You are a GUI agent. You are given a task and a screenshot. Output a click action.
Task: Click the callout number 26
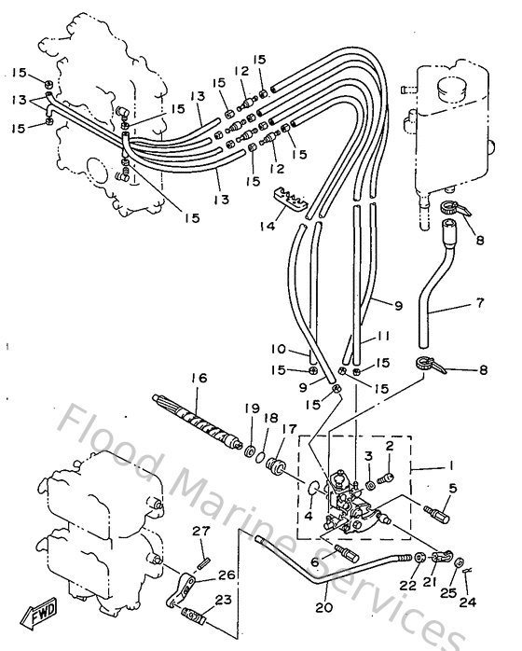click(x=227, y=575)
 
